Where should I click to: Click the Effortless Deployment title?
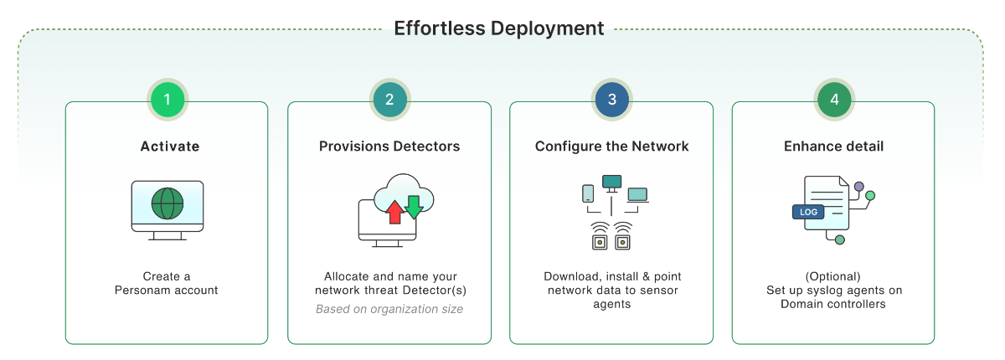point(499,28)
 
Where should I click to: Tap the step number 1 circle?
point(167,100)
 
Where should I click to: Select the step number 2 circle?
point(389,100)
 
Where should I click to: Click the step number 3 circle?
point(612,100)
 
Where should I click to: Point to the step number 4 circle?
point(834,100)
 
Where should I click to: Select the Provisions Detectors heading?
point(389,147)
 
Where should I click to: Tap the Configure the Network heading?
point(612,147)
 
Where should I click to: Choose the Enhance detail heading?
point(833,147)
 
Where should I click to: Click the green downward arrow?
point(413,206)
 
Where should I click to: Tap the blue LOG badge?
point(808,212)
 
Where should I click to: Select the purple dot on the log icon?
point(858,185)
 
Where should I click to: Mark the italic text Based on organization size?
point(389,309)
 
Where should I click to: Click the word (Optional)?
point(833,276)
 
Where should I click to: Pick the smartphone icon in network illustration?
point(588,193)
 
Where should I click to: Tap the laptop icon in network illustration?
point(637,194)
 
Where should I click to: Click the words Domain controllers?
point(833,304)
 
